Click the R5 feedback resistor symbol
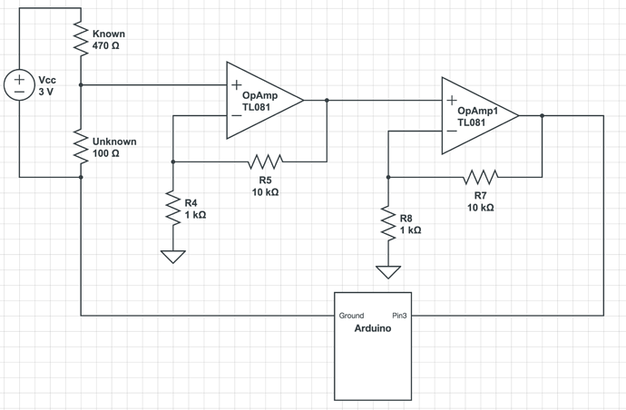[x=265, y=161]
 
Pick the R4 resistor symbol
[x=171, y=209]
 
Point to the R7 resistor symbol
[x=481, y=176]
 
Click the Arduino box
[x=373, y=346]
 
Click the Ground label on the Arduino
[x=352, y=316]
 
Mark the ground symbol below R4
[x=171, y=256]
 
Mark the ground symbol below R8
[x=387, y=270]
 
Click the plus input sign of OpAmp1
[x=451, y=101]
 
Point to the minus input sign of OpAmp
[x=236, y=115]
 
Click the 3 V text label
[x=45, y=92]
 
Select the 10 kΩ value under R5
[x=265, y=192]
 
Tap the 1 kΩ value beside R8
[x=411, y=230]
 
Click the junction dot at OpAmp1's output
[x=542, y=115]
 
